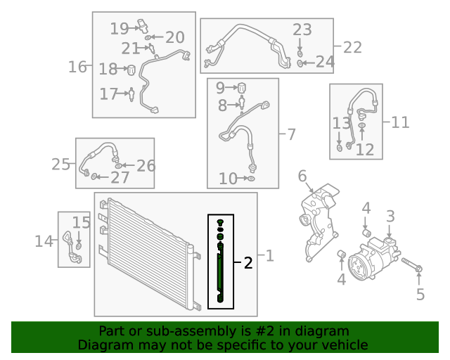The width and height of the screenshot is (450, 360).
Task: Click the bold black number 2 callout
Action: point(248,263)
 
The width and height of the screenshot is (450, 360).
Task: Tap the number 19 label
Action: point(120,29)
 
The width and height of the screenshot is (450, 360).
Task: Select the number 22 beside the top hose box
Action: point(352,47)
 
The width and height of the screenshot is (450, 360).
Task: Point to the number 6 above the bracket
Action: point(302,176)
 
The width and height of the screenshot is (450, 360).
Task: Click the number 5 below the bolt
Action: point(420,295)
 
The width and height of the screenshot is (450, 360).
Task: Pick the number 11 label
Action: point(400,122)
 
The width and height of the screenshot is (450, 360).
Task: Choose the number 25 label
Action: point(60,165)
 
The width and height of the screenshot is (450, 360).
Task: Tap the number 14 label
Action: point(44,241)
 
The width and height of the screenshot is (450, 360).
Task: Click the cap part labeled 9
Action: point(242,88)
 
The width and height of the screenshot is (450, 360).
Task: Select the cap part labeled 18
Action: point(131,70)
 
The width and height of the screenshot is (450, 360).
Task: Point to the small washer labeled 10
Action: point(251,179)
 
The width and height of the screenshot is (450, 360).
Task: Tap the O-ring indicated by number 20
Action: point(148,37)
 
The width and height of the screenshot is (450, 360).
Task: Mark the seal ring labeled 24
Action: point(300,63)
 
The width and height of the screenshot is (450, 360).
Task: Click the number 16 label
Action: point(77,67)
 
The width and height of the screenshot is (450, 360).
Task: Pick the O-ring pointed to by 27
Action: point(94,176)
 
